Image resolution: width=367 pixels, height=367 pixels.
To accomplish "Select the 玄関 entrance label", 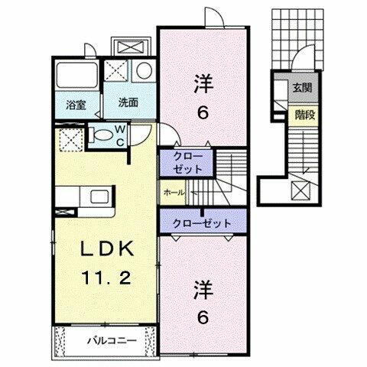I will (300, 87).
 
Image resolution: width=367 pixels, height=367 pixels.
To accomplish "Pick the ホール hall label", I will (174, 193).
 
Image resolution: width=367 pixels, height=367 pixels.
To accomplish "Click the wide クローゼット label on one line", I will (197, 223).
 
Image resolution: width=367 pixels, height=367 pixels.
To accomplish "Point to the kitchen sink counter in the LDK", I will (99, 197).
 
